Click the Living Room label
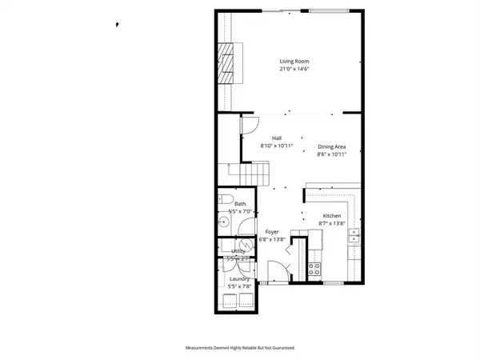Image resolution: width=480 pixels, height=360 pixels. click(294, 62)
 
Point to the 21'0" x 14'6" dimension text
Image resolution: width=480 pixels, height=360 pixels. click(294, 70)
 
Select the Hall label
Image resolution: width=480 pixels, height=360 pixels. click(277, 138)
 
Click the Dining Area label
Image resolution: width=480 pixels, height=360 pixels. click(331, 146)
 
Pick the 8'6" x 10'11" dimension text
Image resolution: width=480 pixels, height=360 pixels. click(331, 154)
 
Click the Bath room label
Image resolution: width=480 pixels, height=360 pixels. click(240, 204)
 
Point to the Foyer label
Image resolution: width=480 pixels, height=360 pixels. click(272, 232)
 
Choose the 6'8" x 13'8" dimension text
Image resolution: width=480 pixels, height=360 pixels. click(272, 240)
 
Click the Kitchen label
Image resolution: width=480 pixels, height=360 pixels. click(332, 217)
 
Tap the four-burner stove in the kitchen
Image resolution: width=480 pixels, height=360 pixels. click(316, 267)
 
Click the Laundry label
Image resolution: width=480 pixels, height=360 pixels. click(239, 278)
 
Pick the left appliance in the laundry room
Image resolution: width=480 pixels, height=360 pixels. click(230, 300)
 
